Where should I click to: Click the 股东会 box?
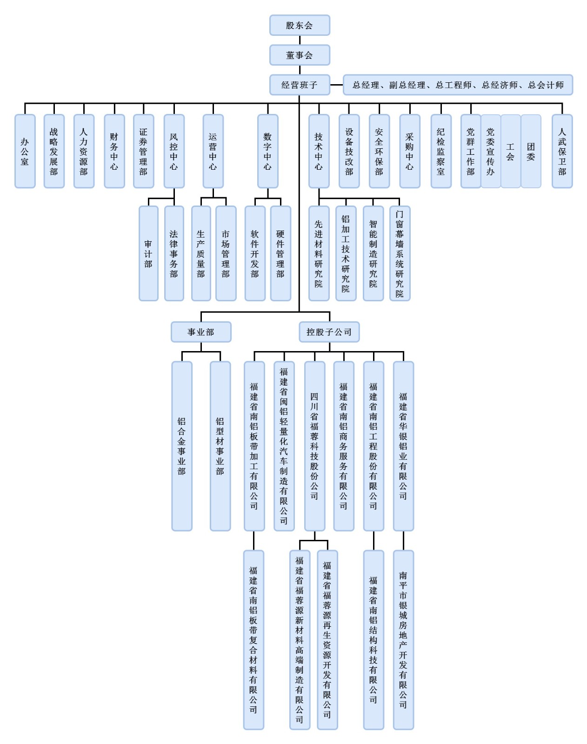[300, 26]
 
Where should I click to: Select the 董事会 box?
[300, 55]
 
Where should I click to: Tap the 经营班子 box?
[300, 85]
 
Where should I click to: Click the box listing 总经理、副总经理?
[458, 85]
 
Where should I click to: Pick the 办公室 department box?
[25, 151]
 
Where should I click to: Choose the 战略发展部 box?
[54, 151]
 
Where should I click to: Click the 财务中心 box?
[114, 151]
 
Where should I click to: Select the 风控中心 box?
[174, 151]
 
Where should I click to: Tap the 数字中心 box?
[267, 151]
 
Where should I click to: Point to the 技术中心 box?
[319, 151]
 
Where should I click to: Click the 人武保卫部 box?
[562, 151]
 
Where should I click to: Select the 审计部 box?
[148, 253]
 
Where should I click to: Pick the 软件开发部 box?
[255, 253]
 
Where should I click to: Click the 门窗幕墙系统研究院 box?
[400, 253]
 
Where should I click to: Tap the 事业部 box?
[201, 332]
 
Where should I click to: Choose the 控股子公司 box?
[329, 332]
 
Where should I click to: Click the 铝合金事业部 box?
[182, 446]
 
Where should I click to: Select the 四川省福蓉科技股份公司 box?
[314, 446]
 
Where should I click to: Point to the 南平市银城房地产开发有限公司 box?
[403, 639]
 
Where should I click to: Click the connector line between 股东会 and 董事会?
[300, 40]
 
